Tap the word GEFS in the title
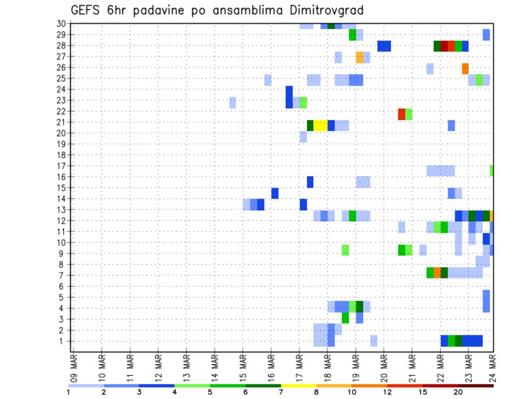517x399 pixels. point(86,10)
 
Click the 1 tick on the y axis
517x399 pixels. point(63,341)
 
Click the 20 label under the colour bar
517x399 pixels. point(458,392)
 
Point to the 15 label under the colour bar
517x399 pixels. point(423,392)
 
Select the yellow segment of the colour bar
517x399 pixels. point(299,386)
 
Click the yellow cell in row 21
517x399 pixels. point(320,125)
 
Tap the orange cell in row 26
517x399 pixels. point(465,68)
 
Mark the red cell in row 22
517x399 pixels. point(402,114)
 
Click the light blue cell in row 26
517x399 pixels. point(430,68)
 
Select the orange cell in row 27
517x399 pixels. point(359,57)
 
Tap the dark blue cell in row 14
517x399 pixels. point(275,193)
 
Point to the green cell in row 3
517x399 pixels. point(345,318)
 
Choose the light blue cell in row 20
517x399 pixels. point(303,137)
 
